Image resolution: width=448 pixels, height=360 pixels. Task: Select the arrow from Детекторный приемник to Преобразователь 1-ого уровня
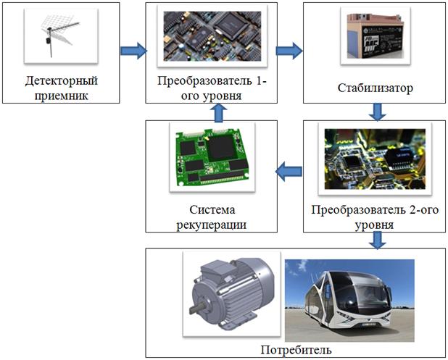coord(133,51)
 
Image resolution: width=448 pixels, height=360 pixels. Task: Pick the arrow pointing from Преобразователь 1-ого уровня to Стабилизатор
coord(289,51)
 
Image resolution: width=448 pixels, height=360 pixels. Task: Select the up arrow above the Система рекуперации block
coord(224,112)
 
